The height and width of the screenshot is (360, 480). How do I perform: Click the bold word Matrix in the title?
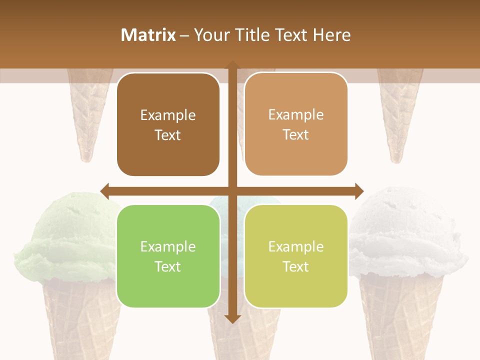148,35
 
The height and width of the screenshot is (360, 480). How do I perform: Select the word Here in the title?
331,35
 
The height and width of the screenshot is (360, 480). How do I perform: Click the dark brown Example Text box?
168,125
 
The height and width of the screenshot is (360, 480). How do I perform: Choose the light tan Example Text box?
296,124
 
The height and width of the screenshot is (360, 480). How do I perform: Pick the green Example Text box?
168,256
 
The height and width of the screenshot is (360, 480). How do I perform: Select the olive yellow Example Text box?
296,256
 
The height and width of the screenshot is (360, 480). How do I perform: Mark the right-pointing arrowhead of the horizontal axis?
359,191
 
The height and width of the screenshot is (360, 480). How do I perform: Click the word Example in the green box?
168,246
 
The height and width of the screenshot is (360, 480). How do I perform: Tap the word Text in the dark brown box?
168,135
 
